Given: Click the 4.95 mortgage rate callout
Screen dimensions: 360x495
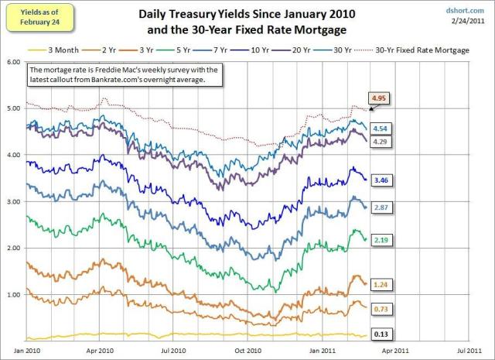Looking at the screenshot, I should pos(379,100).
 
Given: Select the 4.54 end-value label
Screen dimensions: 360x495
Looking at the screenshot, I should pos(380,128).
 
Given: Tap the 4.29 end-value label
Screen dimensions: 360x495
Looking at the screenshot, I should pos(380,142).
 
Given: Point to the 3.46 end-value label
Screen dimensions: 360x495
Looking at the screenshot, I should pos(380,180).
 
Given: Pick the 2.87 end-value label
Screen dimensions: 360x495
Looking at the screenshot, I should pos(380,209).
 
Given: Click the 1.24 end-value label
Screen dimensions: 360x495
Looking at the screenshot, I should pos(380,284).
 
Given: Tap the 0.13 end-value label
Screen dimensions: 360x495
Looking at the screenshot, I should pos(380,333).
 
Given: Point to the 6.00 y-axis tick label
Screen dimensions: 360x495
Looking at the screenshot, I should pos(12,61).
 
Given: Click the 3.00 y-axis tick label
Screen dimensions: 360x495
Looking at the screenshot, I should pos(12,201).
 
